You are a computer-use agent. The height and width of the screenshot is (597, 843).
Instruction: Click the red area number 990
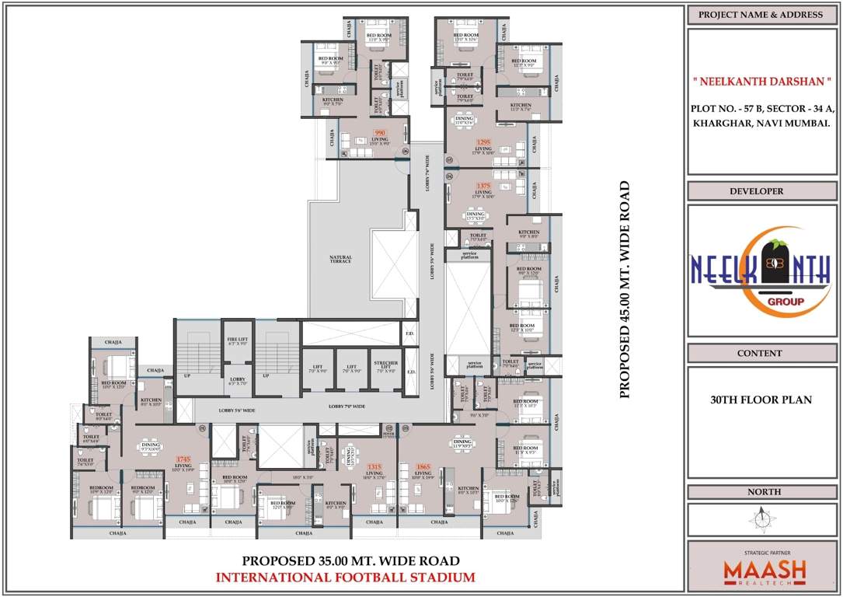(380, 133)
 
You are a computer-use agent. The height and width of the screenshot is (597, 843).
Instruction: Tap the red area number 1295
(483, 142)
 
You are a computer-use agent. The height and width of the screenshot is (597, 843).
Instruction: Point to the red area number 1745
(183, 459)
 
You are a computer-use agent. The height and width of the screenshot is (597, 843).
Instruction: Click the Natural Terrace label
(340, 259)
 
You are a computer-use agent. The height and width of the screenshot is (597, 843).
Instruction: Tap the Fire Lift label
(238, 340)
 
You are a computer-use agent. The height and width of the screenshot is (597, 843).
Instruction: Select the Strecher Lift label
(386, 366)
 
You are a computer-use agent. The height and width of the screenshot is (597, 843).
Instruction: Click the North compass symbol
(761, 518)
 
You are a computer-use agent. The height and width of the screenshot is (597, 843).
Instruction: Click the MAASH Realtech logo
(765, 571)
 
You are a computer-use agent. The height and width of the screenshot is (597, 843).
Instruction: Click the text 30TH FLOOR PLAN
(761, 400)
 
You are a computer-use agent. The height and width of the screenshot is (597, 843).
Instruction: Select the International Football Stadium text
(345, 577)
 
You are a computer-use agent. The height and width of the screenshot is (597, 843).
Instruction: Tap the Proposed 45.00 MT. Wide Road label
(623, 290)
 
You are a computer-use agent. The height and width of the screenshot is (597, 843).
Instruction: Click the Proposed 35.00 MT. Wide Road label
(350, 560)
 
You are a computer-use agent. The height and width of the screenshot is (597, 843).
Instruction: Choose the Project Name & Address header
(761, 15)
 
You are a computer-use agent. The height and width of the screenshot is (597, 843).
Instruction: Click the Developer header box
(761, 191)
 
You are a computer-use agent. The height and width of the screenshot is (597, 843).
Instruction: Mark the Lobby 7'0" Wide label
(347, 406)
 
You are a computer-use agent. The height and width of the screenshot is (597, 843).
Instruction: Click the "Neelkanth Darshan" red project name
(761, 80)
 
